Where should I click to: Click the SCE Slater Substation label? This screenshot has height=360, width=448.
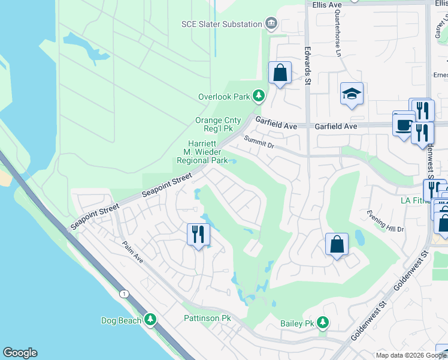(222, 24)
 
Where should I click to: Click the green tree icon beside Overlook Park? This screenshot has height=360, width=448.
(258, 95)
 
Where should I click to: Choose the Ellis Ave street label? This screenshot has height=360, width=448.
(327, 4)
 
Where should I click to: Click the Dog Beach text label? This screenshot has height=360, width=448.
(121, 320)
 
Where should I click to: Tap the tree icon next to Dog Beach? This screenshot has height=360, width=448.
(150, 320)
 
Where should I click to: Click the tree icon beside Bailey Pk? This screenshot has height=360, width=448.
(323, 323)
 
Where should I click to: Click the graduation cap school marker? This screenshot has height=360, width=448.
(352, 94)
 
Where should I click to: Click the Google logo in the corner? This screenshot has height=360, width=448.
(20, 353)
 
